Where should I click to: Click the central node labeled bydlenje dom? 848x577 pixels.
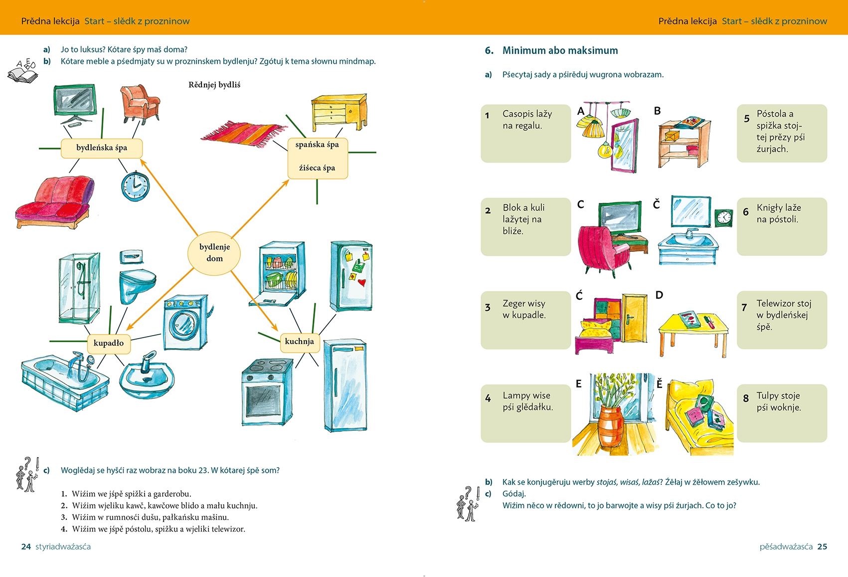click(x=214, y=253)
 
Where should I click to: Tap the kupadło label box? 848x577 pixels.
click(x=109, y=343)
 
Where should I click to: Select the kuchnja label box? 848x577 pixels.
click(x=300, y=342)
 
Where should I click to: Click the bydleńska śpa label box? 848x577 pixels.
click(x=102, y=148)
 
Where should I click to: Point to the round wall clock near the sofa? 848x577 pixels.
click(x=135, y=186)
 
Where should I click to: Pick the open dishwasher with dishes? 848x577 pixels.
click(x=281, y=273)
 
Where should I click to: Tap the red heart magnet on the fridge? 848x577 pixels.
click(x=362, y=282)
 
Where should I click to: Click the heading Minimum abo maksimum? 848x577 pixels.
click(x=560, y=50)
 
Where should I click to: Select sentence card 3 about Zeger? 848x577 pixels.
click(x=525, y=319)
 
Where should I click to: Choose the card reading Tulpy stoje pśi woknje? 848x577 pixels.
click(x=781, y=412)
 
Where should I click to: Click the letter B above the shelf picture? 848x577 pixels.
click(x=657, y=111)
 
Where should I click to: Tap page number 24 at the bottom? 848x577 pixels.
click(x=26, y=547)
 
